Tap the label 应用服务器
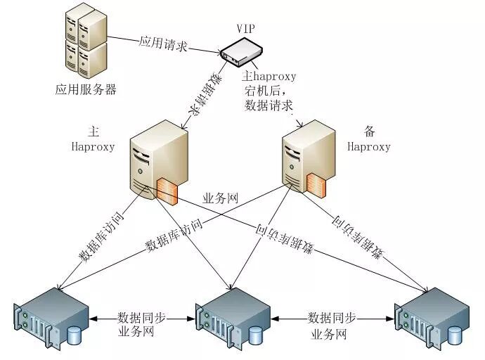point(86,90)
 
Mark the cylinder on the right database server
point(455,337)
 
